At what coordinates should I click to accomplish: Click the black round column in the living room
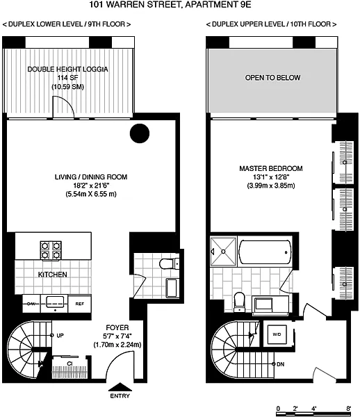140,133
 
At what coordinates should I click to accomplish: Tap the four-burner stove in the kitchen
51,250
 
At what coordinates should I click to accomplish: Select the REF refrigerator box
80,304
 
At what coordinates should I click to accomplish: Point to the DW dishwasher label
31,304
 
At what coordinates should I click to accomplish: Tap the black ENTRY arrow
120,386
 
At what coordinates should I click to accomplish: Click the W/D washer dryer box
277,334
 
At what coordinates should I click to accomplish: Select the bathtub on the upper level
265,252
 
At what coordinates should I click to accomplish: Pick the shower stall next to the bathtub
223,252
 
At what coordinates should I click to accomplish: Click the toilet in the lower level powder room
169,264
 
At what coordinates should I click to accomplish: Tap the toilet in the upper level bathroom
239,302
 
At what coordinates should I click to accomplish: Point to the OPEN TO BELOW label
273,78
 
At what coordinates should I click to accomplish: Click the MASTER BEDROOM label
271,168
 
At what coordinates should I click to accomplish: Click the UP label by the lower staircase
60,336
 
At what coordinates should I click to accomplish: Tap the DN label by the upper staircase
281,364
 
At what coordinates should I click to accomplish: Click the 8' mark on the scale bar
349,408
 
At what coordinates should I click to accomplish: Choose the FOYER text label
117,327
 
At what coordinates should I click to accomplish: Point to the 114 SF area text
68,78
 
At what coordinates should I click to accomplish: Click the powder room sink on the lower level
172,288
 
